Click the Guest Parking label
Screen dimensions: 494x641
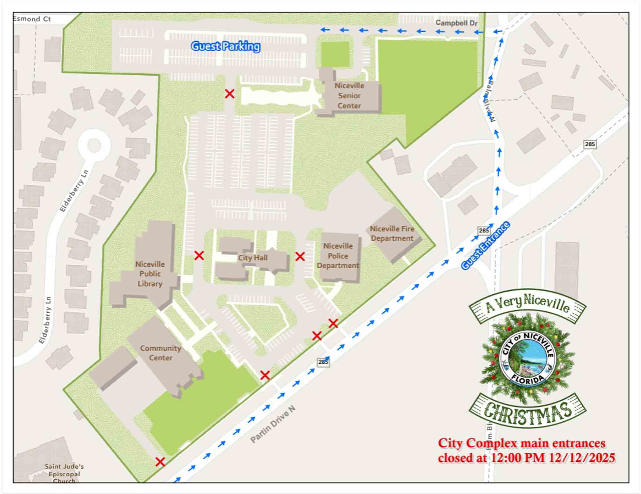tap(226, 46)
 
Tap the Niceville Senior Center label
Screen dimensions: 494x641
tap(349, 96)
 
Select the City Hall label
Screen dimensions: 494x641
tap(253, 258)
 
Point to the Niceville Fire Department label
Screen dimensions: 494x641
tap(392, 234)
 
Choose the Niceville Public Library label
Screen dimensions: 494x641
tap(150, 274)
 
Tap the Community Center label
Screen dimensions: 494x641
tap(161, 353)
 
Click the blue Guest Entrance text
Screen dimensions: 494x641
tap(485, 246)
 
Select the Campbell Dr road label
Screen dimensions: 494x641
tap(456, 23)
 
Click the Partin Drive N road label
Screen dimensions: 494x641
tap(273, 424)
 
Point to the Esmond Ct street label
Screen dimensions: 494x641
tap(32, 19)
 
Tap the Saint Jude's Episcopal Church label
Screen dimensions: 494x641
tap(64, 474)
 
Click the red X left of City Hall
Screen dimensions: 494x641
tap(199, 256)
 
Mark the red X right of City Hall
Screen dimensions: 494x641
tap(300, 256)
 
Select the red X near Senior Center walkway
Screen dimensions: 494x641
tap(230, 94)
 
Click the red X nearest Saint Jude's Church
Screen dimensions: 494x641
tap(160, 462)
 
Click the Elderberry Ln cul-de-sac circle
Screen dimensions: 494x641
tap(94, 145)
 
